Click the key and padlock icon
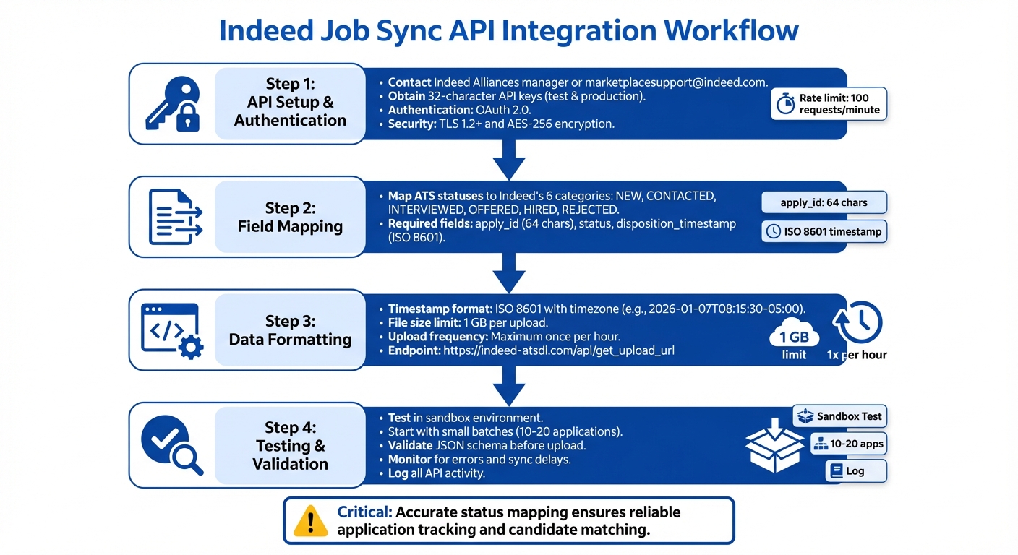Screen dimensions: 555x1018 click(172, 104)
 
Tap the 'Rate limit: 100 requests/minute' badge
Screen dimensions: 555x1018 click(828, 104)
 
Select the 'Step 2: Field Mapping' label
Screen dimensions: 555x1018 click(290, 217)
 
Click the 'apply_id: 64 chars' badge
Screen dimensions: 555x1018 click(824, 202)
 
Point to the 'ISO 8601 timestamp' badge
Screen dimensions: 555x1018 click(824, 231)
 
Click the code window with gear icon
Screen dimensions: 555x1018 click(172, 330)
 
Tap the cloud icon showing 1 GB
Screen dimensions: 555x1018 click(794, 335)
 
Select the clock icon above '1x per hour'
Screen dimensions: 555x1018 click(857, 323)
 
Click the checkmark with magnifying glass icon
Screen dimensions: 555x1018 click(172, 442)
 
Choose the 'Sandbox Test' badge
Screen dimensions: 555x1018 click(839, 416)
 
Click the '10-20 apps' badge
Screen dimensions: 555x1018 click(848, 444)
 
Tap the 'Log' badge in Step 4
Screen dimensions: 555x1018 click(855, 470)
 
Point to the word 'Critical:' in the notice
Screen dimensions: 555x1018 click(365, 512)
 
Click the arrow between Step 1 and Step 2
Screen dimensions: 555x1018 click(508, 159)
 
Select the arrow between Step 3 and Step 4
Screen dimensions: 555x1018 click(508, 385)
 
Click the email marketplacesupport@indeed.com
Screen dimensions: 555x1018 click(676, 82)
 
